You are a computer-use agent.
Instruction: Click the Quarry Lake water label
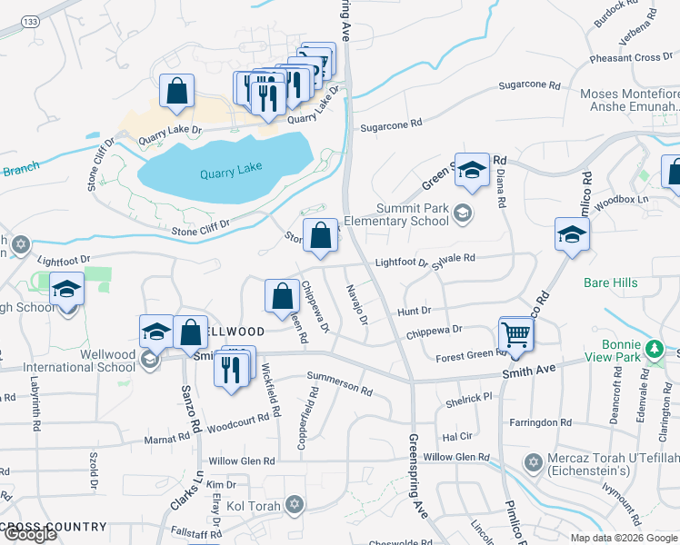[x=231, y=170]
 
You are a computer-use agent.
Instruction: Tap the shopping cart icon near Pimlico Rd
[x=516, y=334]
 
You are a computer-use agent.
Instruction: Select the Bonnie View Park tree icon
[x=653, y=349]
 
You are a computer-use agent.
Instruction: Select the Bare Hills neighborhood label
[x=611, y=282]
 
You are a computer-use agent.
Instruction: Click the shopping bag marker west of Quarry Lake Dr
[x=176, y=91]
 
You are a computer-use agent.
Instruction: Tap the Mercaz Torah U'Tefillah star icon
[x=534, y=463]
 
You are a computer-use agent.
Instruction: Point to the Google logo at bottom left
[x=29, y=534]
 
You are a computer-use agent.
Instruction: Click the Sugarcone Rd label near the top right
[x=529, y=84]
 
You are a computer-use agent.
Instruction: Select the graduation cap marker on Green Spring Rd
[x=472, y=170]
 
